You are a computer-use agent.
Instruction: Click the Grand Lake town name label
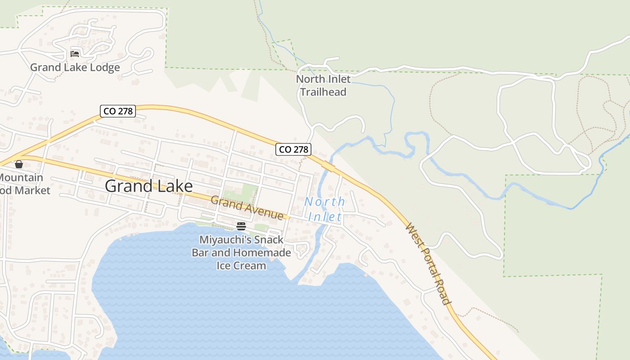148,186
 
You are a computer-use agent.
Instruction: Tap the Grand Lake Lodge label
75,67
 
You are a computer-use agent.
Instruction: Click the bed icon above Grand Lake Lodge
75,54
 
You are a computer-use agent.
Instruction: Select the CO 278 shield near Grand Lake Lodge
118,111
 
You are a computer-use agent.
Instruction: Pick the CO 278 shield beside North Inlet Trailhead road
293,149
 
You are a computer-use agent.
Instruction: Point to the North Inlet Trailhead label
323,85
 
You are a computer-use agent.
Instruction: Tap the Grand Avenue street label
247,208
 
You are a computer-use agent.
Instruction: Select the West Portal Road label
428,264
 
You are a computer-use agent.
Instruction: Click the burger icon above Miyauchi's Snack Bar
241,226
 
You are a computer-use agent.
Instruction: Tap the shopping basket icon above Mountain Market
19,164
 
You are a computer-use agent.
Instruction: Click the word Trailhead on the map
323,92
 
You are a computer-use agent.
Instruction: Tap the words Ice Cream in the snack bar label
241,265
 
